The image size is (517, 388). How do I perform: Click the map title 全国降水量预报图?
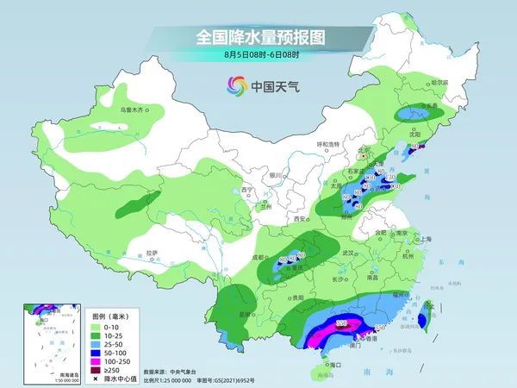pos(258,38)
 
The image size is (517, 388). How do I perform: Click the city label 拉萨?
pos(153,253)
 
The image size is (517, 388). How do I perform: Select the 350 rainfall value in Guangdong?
pos(342,322)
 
